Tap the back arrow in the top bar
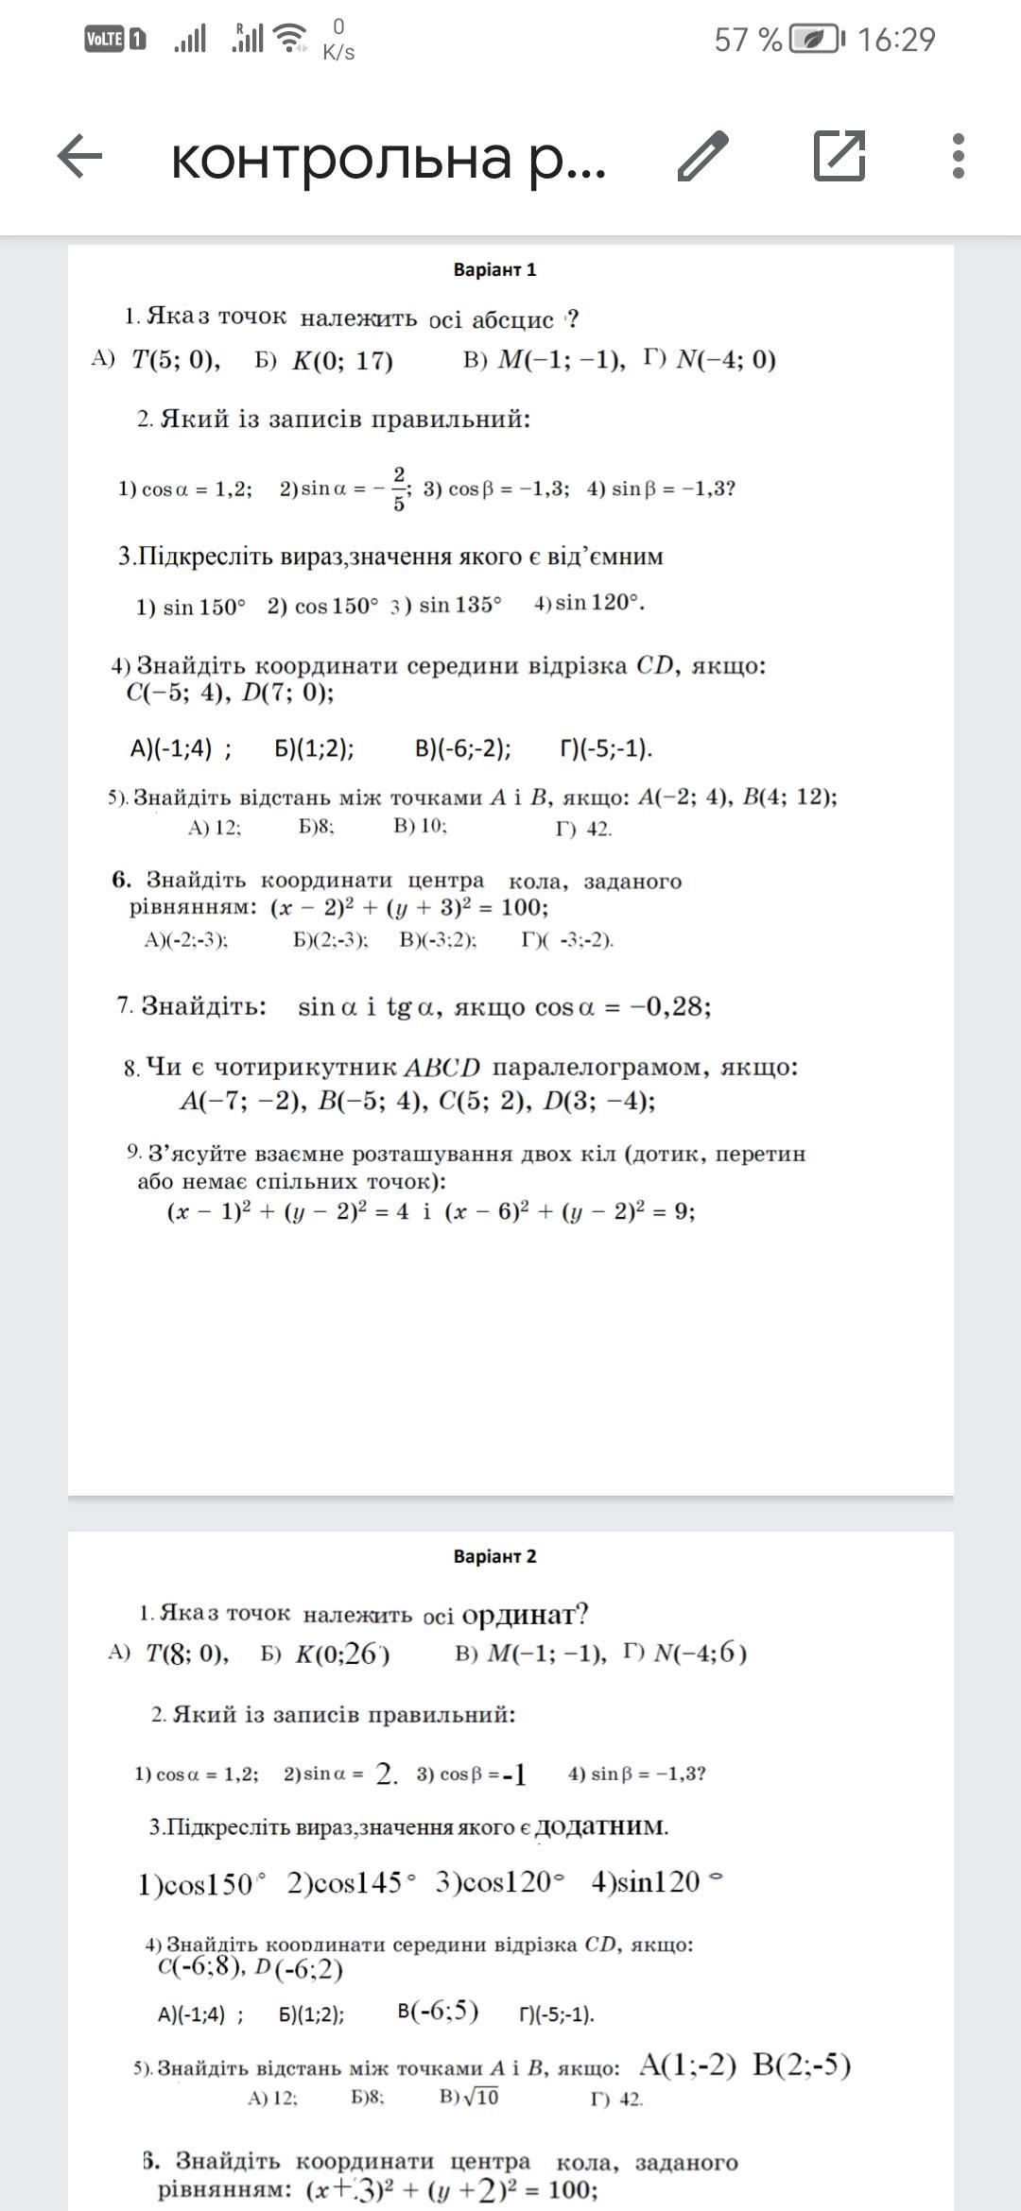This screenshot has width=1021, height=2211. coord(79,156)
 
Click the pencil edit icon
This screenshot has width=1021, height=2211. coord(703,156)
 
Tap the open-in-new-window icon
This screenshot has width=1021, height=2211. coord(839,155)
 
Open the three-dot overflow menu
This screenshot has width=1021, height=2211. coord(959,156)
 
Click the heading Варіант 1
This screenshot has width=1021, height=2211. coord(494,270)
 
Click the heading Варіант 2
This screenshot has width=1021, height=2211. coord(494,1556)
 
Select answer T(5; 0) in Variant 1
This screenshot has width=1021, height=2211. coord(176,360)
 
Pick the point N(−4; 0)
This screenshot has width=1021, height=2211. coord(726,360)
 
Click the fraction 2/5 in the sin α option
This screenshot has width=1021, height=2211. coord(399,488)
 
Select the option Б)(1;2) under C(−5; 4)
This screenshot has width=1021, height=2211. coord(315,749)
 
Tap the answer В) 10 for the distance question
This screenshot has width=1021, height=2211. coord(420,826)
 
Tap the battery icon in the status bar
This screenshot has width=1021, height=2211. coord(813,40)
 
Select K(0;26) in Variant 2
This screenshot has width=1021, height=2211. coord(342,1654)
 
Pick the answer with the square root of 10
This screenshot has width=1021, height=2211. coord(470,2097)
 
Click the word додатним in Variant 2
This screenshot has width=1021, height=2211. coord(601,1826)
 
